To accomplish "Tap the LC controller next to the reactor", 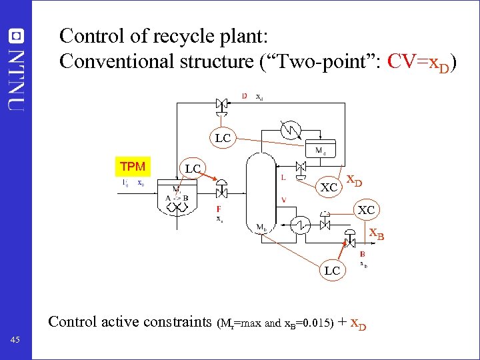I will pos(193,169).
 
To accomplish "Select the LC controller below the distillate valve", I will pos(223,138).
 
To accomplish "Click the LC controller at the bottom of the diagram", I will pos(333,270).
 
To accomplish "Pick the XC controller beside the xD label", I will pos(329,187).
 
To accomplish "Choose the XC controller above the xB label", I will pos(366,210).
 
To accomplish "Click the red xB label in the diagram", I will pos(377,235).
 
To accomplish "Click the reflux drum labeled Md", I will pos(320,150).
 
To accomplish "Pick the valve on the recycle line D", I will pos(222,104).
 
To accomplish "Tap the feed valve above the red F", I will pos(221,193).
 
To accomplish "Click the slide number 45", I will pos(15,341).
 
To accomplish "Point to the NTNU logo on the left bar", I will pos(16,67).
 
